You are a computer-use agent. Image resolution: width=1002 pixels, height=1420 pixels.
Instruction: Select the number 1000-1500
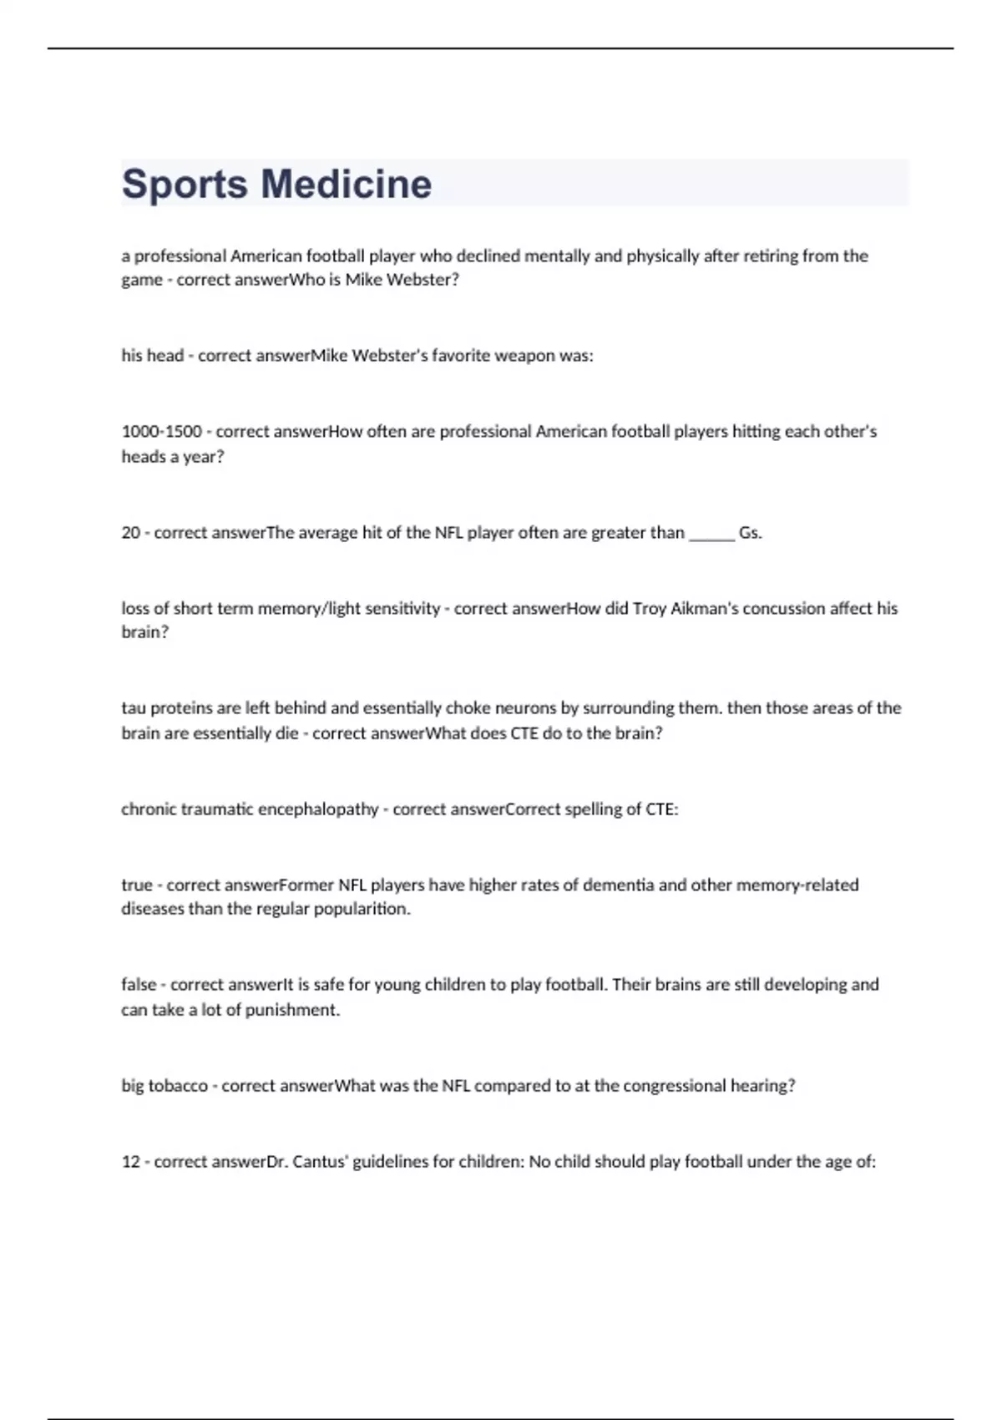pos(162,432)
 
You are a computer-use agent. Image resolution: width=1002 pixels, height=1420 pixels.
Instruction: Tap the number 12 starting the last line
pos(130,1162)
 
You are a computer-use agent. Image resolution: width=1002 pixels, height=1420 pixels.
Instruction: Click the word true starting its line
pos(137,885)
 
